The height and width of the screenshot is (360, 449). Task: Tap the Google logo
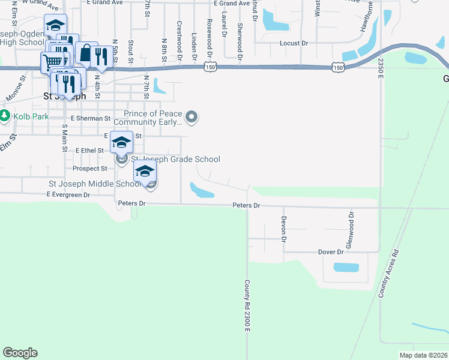point(20,353)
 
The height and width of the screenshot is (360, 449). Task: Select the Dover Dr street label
point(331,253)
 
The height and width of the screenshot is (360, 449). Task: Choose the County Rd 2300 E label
point(247,306)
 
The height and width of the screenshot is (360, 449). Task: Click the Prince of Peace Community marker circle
point(191,117)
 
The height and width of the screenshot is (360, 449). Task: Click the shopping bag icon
point(86,53)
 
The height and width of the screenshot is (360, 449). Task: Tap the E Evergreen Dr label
point(68,195)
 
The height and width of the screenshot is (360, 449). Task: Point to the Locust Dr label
point(294,44)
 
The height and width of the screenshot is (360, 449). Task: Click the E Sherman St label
point(91,119)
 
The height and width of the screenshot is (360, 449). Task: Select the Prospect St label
point(89,169)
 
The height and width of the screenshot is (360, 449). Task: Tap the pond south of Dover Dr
point(345,267)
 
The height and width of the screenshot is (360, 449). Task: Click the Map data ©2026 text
point(424,355)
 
